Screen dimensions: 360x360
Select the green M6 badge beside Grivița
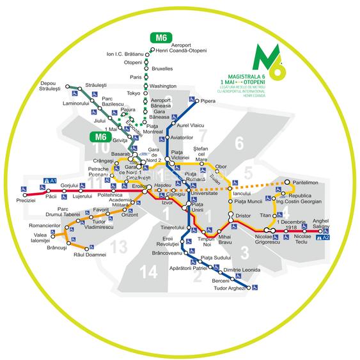(x=99, y=136)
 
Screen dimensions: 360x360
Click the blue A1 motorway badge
(x=52, y=181)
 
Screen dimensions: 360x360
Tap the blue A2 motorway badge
(x=325, y=237)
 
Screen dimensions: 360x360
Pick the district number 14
(x=148, y=272)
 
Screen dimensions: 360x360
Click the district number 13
(x=118, y=247)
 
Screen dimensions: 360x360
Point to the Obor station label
(x=221, y=167)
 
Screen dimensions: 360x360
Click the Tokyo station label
(x=133, y=93)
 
